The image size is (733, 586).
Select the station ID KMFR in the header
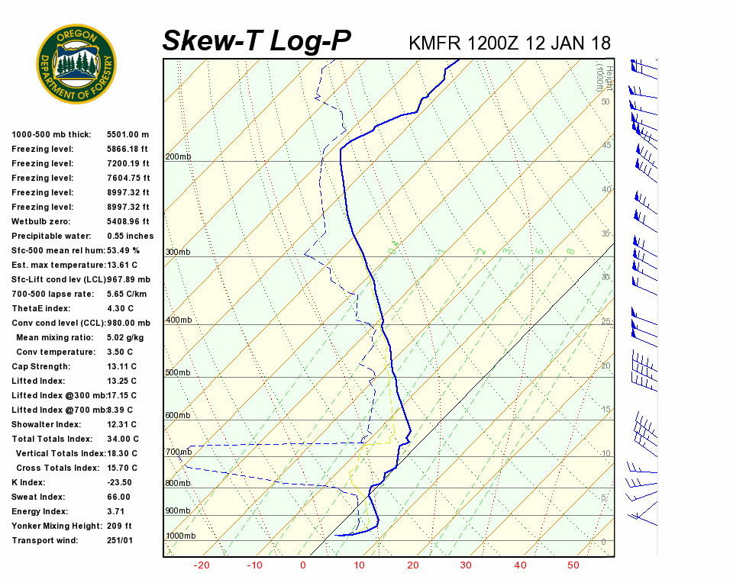point(433,43)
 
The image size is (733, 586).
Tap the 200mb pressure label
point(178,157)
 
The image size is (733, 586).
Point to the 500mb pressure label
point(178,373)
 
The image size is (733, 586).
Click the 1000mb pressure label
point(180,536)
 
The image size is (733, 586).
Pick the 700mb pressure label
point(178,452)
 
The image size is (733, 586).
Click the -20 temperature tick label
point(202,565)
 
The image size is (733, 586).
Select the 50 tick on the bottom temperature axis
point(573,565)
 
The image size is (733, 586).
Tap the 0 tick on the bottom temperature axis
point(303,565)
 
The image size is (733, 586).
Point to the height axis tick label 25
point(606,321)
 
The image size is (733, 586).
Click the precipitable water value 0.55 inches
point(130,236)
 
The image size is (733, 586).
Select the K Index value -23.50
point(120,482)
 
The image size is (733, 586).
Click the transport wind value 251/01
point(120,540)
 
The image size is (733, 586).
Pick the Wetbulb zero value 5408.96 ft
point(128,221)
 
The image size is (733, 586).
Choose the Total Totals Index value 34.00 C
point(123,439)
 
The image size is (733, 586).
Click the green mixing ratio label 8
point(570,251)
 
